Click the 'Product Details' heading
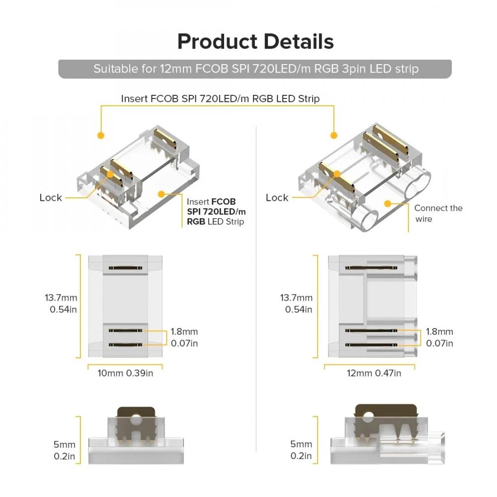tap(255, 42)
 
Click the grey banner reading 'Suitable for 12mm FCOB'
tap(255, 69)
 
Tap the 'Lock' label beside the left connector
tap(51, 197)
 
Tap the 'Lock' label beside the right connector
tap(277, 197)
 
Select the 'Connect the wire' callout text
tap(438, 213)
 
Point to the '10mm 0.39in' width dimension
tap(125, 373)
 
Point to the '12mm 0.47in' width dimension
tap(374, 373)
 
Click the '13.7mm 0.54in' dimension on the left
tap(61, 303)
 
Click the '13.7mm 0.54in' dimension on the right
tap(296, 303)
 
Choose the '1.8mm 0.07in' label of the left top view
tap(184, 337)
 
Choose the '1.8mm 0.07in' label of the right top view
tap(439, 337)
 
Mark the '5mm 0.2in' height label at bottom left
tap(64, 450)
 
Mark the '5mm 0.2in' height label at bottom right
tap(301, 450)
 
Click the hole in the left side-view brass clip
tap(136, 419)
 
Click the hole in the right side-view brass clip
tap(368, 416)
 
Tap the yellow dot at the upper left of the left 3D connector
tap(101, 136)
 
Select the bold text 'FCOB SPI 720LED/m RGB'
tap(216, 211)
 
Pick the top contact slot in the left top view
tap(125, 268)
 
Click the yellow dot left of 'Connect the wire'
tap(387, 203)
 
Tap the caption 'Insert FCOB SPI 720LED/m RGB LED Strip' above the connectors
tap(220, 98)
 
